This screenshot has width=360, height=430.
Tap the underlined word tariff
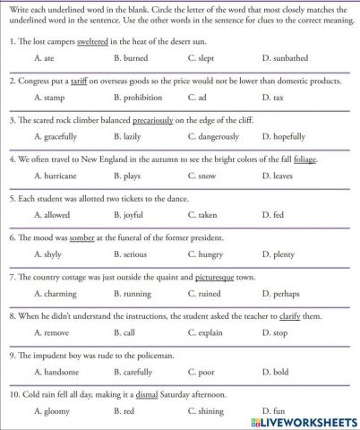[x=83, y=81]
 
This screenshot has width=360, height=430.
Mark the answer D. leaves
[x=278, y=176]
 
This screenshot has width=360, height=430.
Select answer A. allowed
[x=51, y=215]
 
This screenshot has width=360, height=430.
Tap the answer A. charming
[x=54, y=293]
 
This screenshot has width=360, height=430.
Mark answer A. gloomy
[x=50, y=410]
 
